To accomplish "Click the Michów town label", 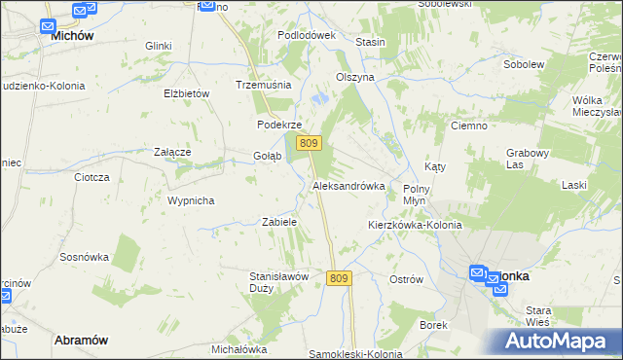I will (x=72, y=34).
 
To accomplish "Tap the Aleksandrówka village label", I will (x=348, y=185).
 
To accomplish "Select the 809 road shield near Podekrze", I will (x=310, y=143).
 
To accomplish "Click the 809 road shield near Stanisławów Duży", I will (x=339, y=278).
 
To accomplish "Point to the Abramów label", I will (x=81, y=340).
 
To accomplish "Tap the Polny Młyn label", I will (x=417, y=193).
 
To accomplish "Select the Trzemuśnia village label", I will (x=264, y=85).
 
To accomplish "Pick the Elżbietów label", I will (x=187, y=93).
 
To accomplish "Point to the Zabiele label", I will (x=279, y=222).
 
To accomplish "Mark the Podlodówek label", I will (x=306, y=34).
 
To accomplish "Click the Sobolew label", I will (x=523, y=64).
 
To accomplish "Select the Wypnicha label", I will (x=190, y=200).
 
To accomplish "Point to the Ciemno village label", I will (x=468, y=126).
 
